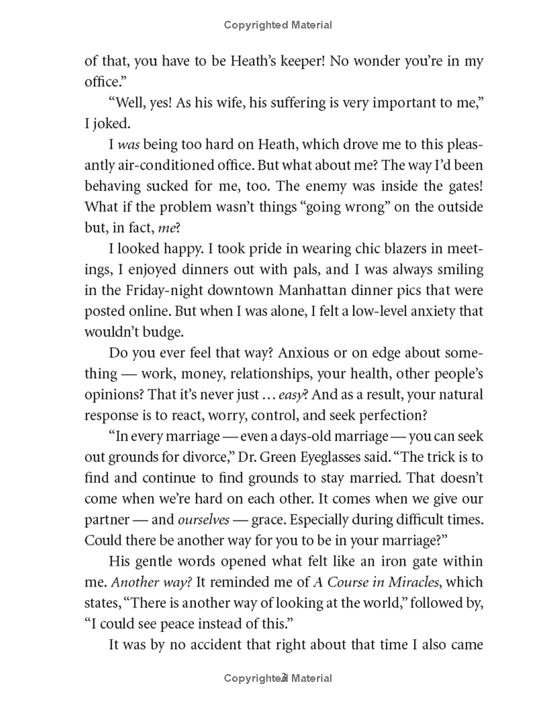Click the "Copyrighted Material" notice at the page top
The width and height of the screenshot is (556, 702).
(278, 25)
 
